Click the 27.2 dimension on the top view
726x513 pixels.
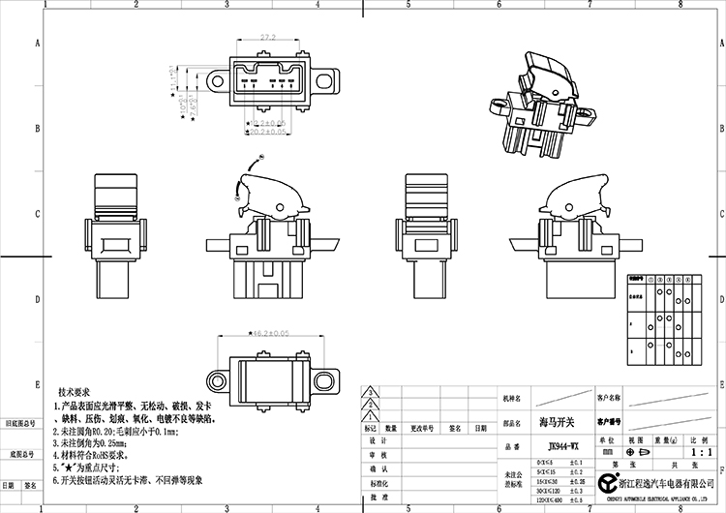click(268, 37)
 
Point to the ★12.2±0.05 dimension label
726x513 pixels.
click(266, 124)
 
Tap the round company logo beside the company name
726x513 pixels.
click(607, 482)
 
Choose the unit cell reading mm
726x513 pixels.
click(607, 451)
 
